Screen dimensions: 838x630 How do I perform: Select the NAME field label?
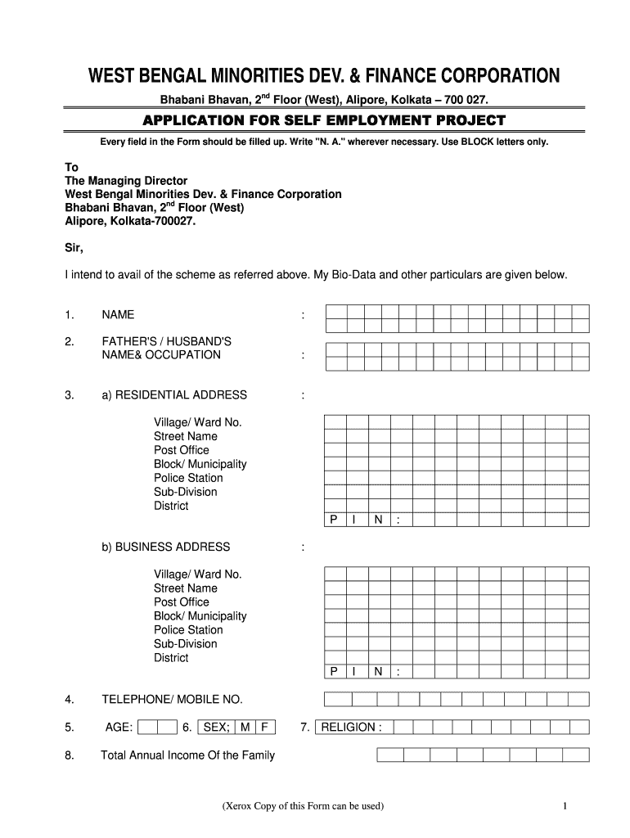coord(118,315)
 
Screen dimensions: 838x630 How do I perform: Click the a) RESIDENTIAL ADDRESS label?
coord(173,395)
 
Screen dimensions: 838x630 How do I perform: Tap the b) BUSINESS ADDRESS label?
coord(165,547)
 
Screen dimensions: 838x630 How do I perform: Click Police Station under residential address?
coord(188,478)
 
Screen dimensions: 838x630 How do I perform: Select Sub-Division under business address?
coord(186,644)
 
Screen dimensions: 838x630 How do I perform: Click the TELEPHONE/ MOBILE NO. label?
coord(172,700)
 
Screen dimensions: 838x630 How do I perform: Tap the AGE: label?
coord(119,727)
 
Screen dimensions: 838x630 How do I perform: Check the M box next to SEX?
coord(245,727)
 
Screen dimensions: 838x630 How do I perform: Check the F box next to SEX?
coord(264,727)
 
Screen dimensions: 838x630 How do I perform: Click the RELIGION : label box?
coord(351,727)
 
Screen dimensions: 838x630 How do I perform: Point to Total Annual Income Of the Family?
coord(187,755)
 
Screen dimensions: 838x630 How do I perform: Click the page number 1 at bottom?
coord(565,806)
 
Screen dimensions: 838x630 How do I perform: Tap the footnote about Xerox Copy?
coord(302,806)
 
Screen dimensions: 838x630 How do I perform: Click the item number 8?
coord(70,755)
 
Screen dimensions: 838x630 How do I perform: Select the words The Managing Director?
coord(126,180)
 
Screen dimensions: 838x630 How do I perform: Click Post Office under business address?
coord(182,602)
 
